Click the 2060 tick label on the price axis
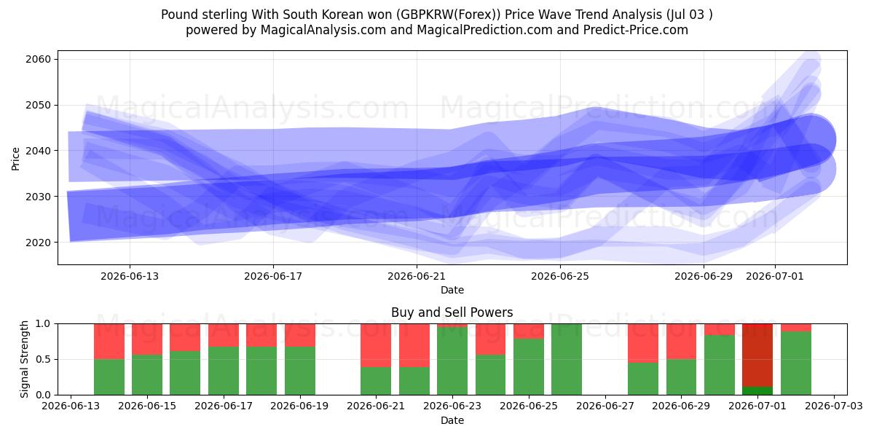tap(38, 59)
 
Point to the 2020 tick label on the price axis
tap(38, 243)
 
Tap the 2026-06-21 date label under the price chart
tap(417, 276)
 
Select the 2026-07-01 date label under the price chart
tap(774, 276)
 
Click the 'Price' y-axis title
tap(15, 159)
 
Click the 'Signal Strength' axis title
tap(24, 359)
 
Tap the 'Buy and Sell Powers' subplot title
tap(452, 312)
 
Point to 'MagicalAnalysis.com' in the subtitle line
tap(323, 30)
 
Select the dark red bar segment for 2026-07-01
tap(757, 355)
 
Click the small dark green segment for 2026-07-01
tap(757, 390)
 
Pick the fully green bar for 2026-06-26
tap(567, 359)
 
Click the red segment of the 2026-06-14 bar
tap(109, 342)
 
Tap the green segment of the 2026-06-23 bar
tap(452, 361)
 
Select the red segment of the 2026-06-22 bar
tap(414, 345)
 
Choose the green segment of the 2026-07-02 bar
tap(796, 363)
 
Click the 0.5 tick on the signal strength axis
tap(43, 359)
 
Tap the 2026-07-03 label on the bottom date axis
tap(834, 406)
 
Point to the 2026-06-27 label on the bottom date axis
tap(605, 406)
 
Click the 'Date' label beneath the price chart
tap(452, 290)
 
